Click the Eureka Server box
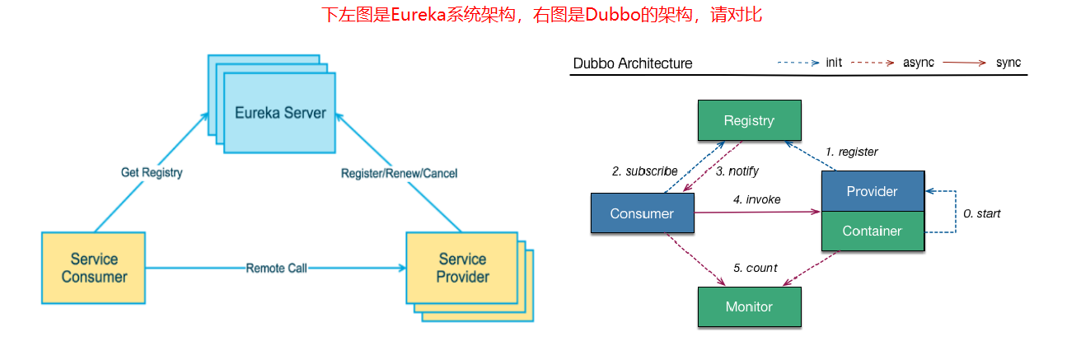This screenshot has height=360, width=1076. tap(280, 112)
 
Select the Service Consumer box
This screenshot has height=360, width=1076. tap(93, 268)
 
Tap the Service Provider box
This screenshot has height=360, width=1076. tap(462, 269)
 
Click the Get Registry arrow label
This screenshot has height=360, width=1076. tap(151, 173)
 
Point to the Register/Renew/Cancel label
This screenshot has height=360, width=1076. tap(399, 173)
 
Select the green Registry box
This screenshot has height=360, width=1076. tap(749, 121)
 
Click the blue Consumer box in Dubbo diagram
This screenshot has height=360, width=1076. tap(642, 213)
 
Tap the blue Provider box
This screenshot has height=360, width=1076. tap(872, 191)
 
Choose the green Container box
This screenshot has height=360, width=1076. tap(872, 231)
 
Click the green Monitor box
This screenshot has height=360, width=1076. tap(749, 306)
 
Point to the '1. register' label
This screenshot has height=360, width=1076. tap(852, 152)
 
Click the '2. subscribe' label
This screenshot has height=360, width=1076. tap(644, 171)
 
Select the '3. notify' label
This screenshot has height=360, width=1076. tap(737, 171)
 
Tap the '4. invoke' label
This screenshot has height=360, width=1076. tap(757, 199)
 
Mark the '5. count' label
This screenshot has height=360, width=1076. tap(755, 268)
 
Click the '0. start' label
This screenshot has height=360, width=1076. tap(982, 213)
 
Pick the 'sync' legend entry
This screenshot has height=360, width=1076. tap(1008, 63)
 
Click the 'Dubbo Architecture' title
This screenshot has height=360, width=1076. tap(633, 63)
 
